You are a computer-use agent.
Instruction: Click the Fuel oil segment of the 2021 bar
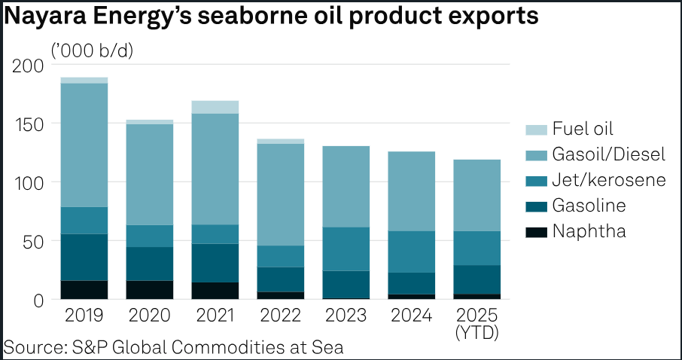[215, 107]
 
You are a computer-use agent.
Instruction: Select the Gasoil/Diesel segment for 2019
[84, 145]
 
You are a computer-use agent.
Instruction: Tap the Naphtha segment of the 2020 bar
[150, 290]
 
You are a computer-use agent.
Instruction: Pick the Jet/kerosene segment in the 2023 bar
[347, 249]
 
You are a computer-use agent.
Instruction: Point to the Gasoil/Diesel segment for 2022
[282, 194]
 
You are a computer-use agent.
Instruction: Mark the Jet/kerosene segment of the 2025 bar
[478, 248]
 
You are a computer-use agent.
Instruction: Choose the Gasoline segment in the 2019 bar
[84, 257]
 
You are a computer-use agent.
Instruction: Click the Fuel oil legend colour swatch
[537, 129]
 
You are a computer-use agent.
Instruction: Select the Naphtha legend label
[589, 231]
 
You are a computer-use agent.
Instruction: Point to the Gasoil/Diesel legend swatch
[537, 154]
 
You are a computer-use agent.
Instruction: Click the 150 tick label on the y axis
[28, 124]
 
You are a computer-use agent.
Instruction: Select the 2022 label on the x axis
[282, 315]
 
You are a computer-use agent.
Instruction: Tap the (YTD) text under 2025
[478, 331]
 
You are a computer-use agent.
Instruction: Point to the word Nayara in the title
[49, 17]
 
